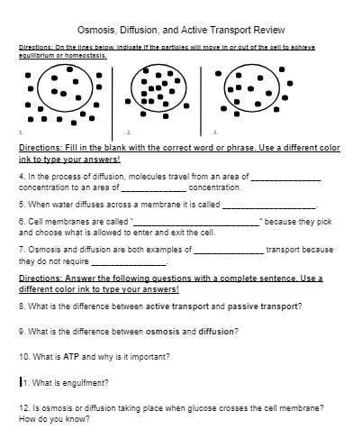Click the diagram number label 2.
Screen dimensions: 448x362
click(x=130, y=132)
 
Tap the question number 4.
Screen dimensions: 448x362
click(x=22, y=177)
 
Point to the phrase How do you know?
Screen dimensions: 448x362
click(x=53, y=419)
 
